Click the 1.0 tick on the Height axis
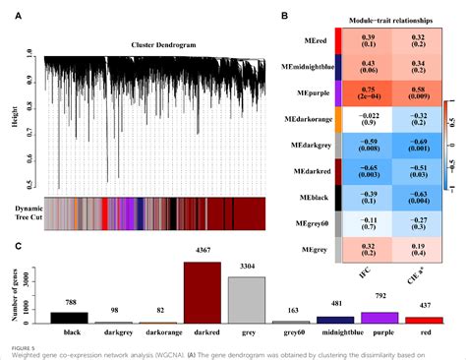point(30,52)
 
